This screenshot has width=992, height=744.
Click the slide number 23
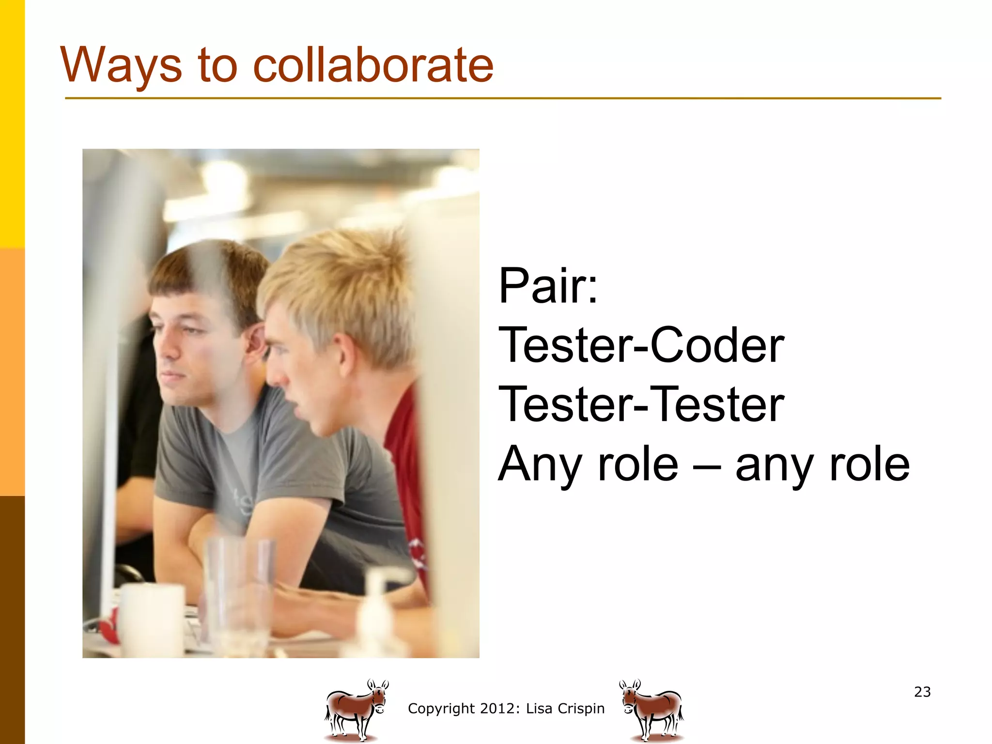922,692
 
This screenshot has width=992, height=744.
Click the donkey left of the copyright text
356,709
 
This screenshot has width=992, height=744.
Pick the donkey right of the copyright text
652,709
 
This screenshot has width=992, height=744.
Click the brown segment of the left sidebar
12,620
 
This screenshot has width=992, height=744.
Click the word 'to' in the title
218,65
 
